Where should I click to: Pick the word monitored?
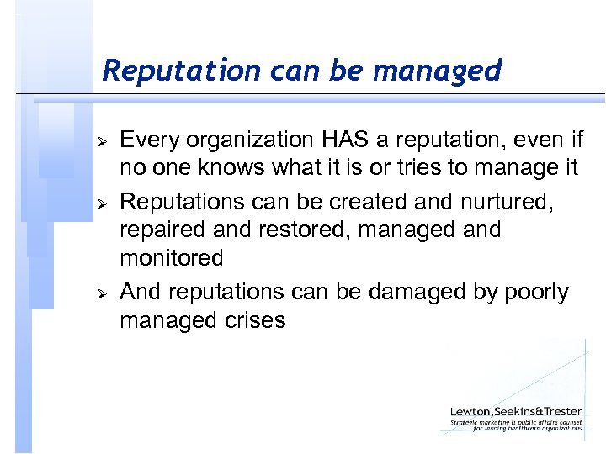coord(172,257)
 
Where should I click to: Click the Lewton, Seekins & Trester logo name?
coord(515,411)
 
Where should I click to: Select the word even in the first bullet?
coord(529,140)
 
